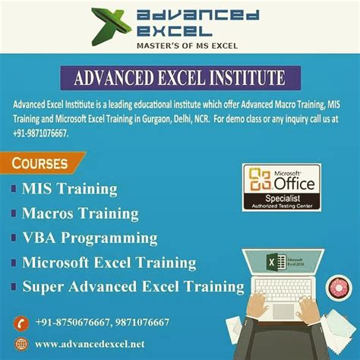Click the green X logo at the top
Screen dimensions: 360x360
[109, 26]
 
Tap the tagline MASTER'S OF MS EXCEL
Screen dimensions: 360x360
[180, 46]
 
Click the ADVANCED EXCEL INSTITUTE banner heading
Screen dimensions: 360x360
[179, 79]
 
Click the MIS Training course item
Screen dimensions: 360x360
[70, 188]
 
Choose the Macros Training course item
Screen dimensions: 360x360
[80, 213]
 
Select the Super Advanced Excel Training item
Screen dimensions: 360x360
[133, 287]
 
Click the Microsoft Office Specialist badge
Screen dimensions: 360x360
[281, 187]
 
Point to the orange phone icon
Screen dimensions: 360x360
[21, 323]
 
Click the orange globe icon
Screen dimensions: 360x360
[21, 345]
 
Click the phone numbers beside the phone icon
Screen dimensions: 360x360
[102, 323]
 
